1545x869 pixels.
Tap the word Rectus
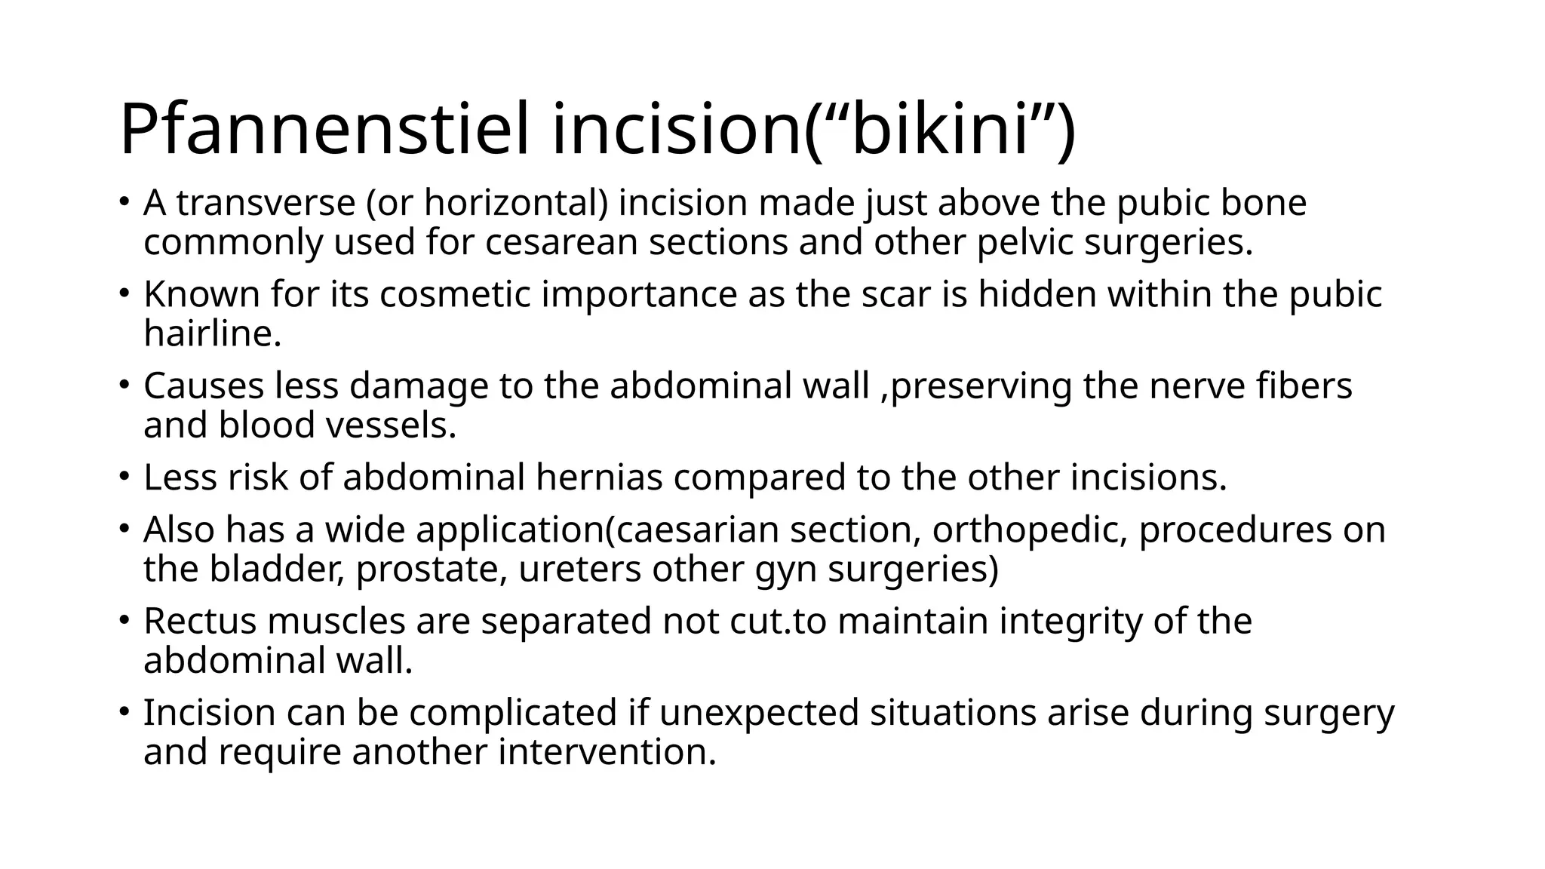[x=200, y=621]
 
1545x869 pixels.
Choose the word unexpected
[x=759, y=712]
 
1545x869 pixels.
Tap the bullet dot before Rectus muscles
[x=124, y=620]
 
